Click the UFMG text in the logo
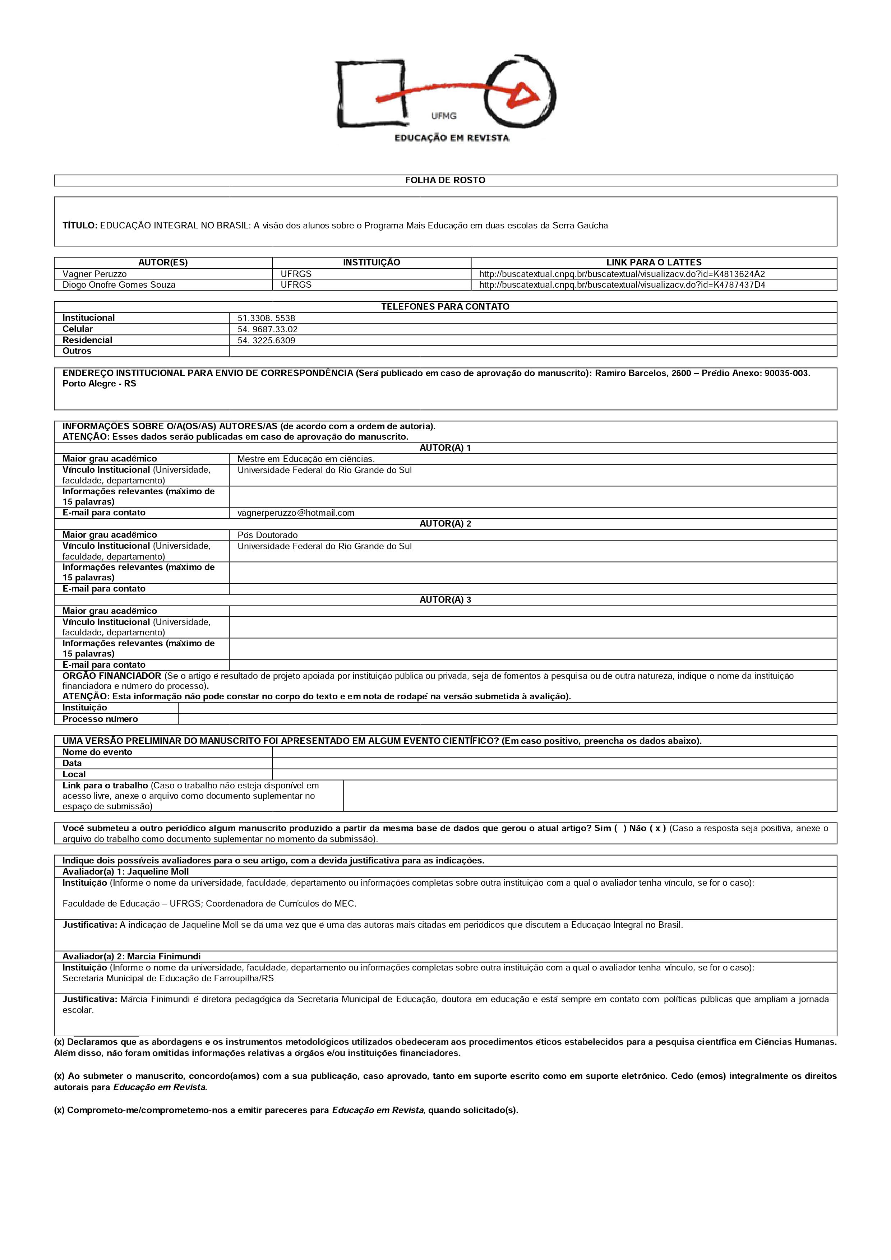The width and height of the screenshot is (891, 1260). point(444,116)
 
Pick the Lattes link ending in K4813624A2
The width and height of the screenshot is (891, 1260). point(622,274)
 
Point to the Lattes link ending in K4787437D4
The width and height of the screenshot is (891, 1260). point(622,285)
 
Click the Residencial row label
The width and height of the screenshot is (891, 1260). point(87,340)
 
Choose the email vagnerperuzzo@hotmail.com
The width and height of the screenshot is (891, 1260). point(296,513)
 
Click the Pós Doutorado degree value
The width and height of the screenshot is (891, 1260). point(267,535)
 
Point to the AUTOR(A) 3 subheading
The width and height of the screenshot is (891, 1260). point(445,600)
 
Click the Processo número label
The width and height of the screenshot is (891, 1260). point(100,719)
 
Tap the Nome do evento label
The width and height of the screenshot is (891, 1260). point(97,752)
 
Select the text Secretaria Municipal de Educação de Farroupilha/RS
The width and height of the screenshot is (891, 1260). point(168,978)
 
